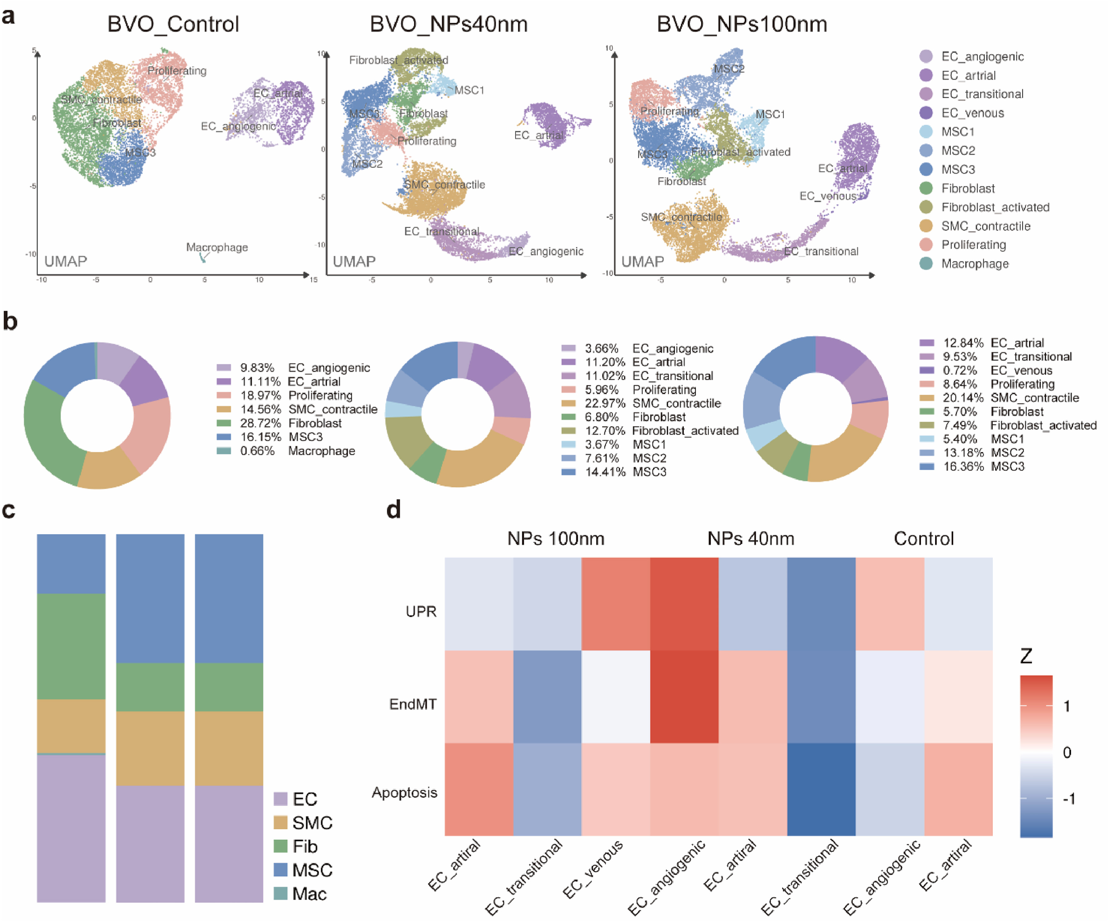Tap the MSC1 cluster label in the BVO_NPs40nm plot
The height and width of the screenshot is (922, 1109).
tap(469, 90)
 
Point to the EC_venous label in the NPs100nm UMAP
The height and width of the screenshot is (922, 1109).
tap(828, 196)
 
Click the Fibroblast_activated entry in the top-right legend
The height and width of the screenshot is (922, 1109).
tap(995, 207)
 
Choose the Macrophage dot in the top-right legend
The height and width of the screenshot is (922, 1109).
tap(926, 263)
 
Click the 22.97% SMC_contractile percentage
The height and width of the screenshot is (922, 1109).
tap(602, 404)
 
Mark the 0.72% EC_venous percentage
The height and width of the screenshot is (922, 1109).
tap(960, 370)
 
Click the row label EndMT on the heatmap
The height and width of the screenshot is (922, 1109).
tap(413, 704)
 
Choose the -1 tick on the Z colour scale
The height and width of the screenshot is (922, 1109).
tap(1069, 798)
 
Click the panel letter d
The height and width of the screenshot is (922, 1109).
tap(393, 509)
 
